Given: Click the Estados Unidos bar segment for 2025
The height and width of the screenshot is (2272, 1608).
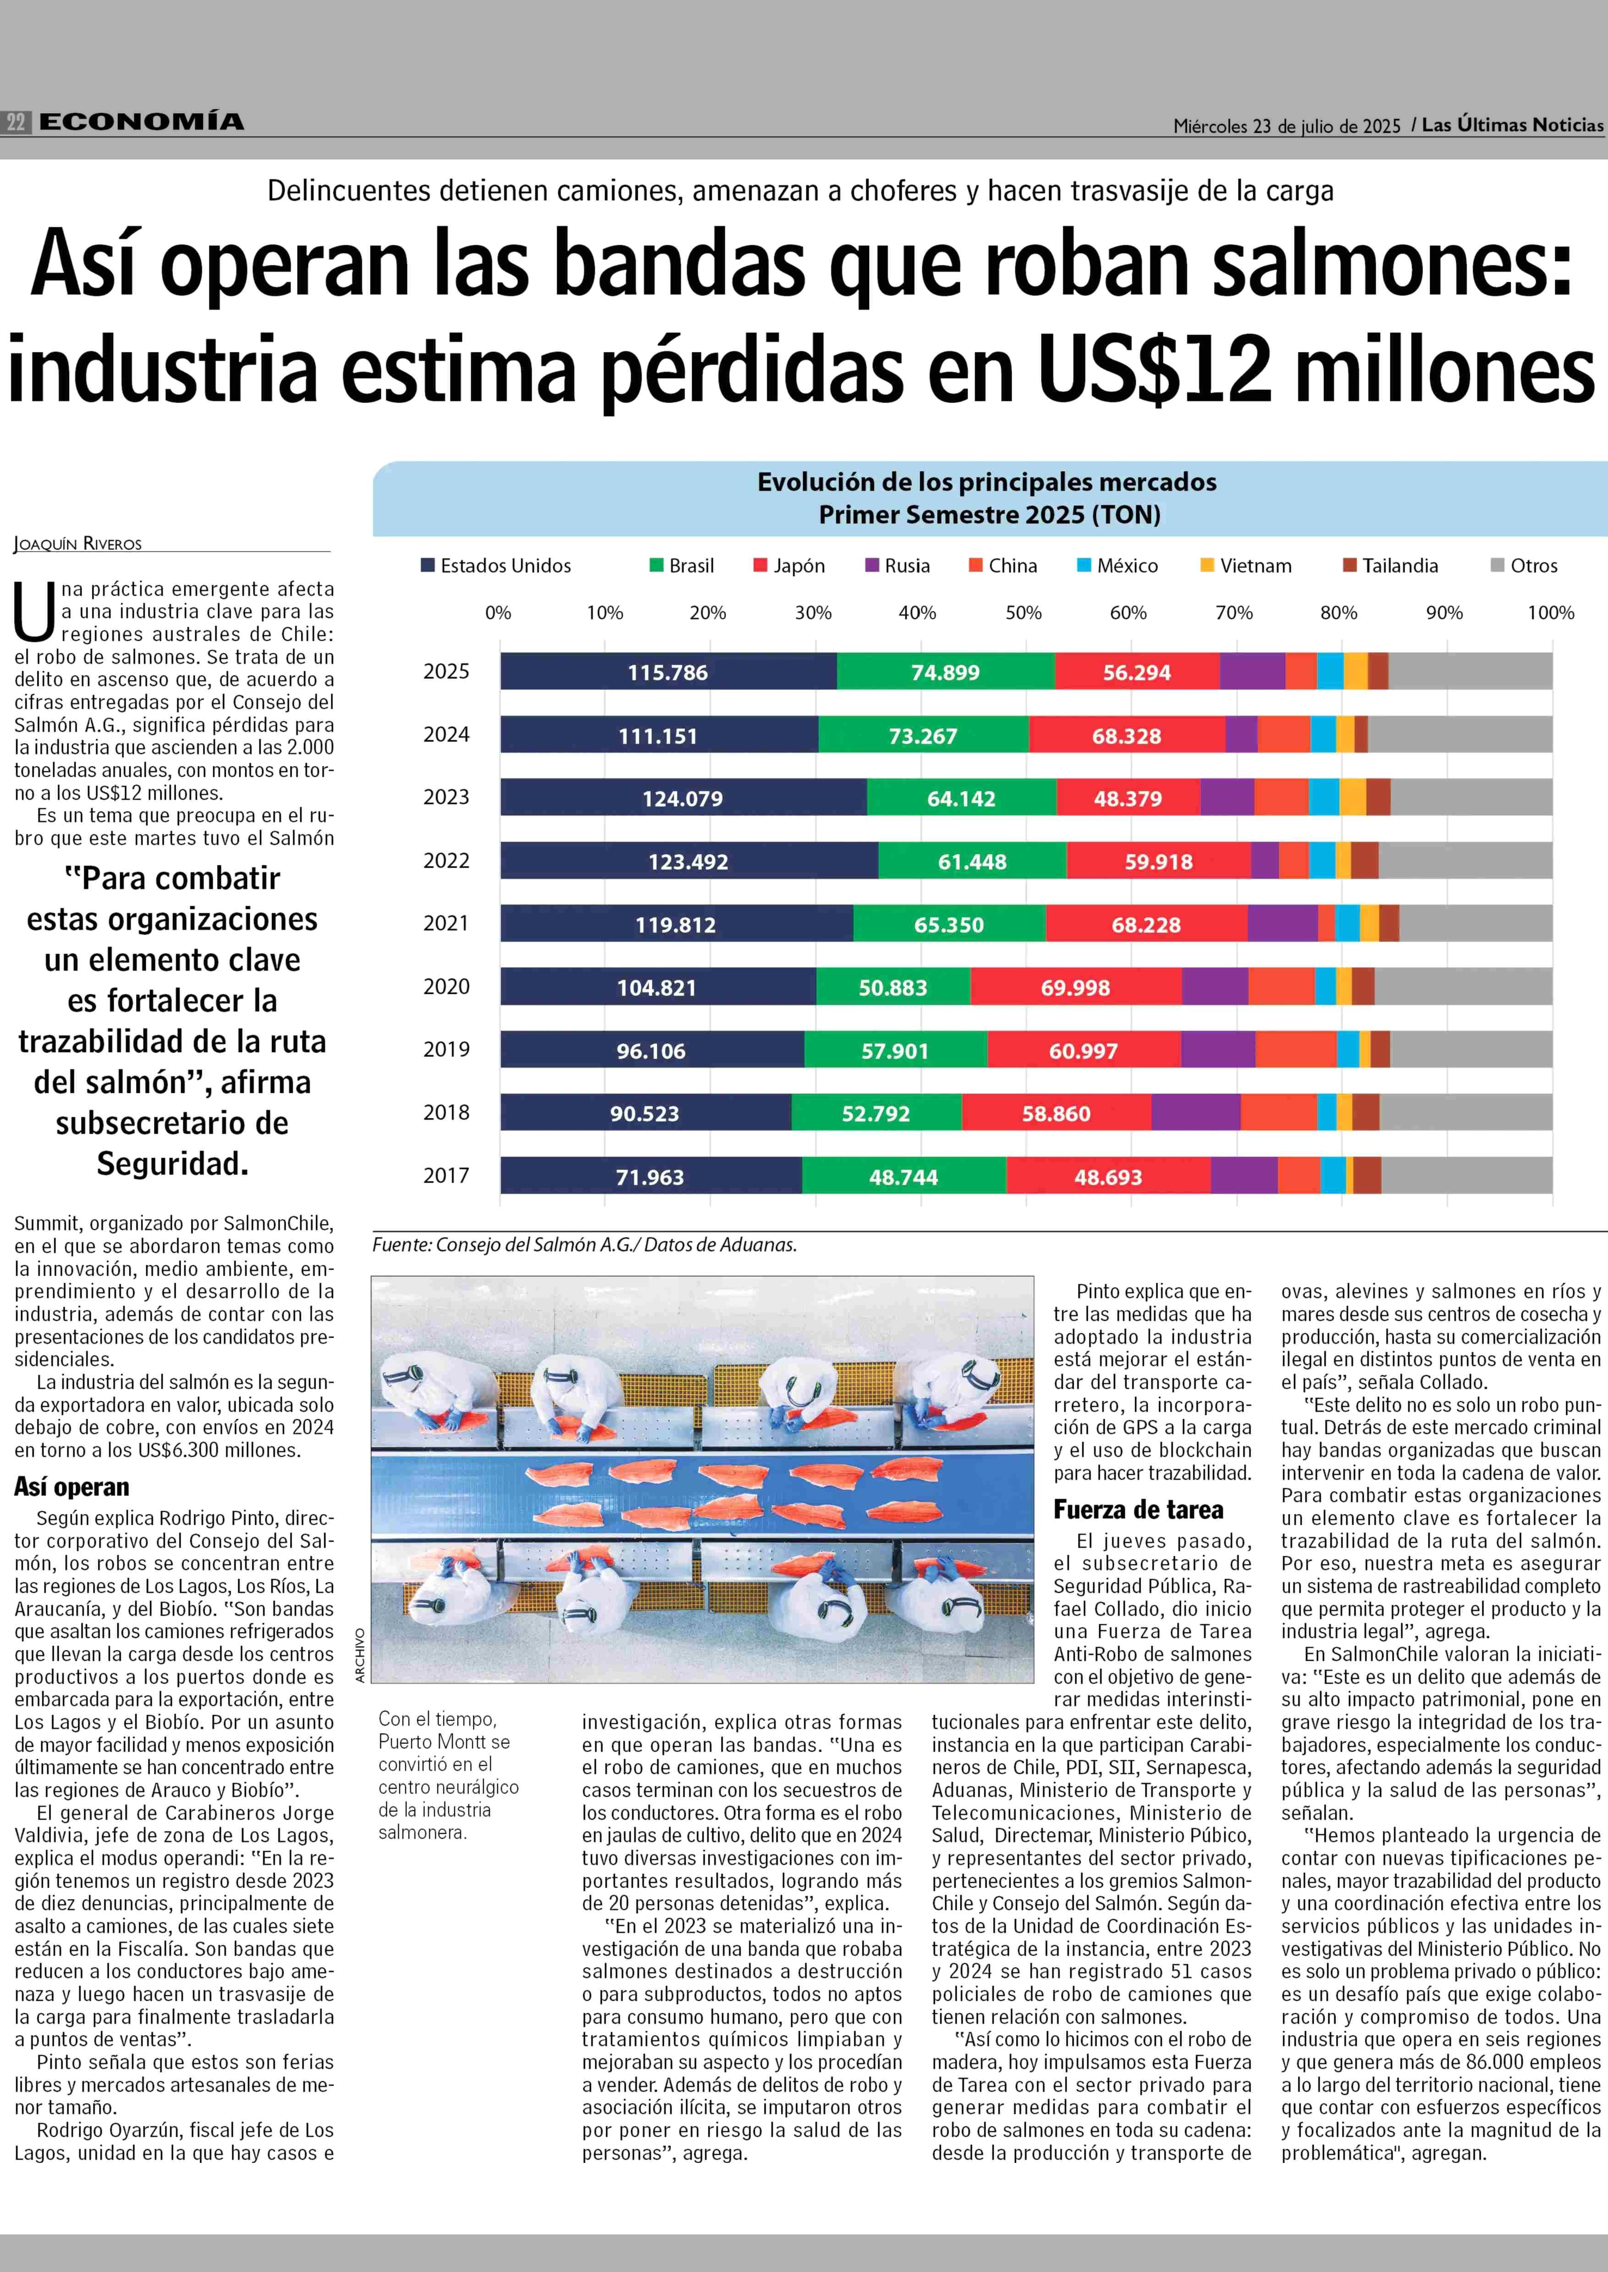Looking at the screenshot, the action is pyautogui.click(x=668, y=671).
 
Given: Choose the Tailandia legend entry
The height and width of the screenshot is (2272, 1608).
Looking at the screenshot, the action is pyautogui.click(x=1390, y=565).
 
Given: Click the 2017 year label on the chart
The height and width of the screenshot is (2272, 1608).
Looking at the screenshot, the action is pyautogui.click(x=446, y=1175).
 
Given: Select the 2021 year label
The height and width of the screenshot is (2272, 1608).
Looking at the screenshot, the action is pyautogui.click(x=446, y=922).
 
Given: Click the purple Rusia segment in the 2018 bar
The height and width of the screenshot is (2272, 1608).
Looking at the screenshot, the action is pyautogui.click(x=1196, y=1112).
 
